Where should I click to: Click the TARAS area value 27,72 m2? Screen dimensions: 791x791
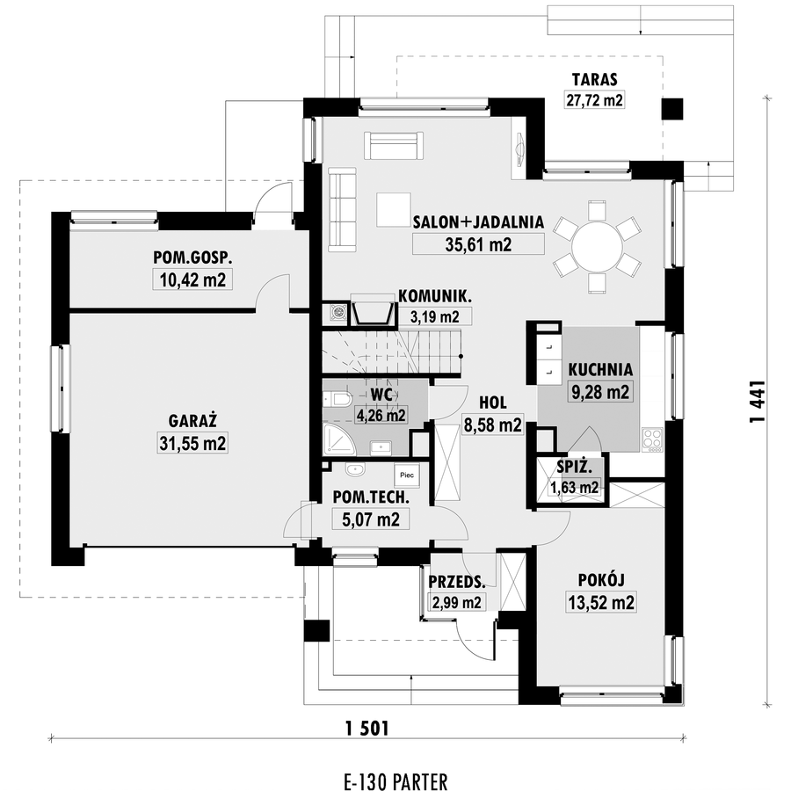click(x=594, y=100)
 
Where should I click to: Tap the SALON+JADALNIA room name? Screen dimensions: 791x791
click(x=478, y=222)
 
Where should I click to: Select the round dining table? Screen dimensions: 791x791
click(x=597, y=247)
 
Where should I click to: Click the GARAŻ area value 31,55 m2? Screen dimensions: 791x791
click(x=192, y=444)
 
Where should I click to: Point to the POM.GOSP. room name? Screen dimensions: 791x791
click(x=192, y=258)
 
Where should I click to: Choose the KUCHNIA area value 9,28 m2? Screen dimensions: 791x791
click(x=599, y=391)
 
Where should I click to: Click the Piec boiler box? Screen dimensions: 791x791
click(x=407, y=475)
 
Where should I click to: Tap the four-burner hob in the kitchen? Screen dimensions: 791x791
click(x=653, y=439)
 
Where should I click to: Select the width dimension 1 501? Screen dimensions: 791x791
click(x=367, y=728)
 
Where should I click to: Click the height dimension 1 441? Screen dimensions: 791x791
click(x=758, y=401)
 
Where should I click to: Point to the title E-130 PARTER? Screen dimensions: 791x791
click(x=395, y=781)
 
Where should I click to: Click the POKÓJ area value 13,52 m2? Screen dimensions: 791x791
click(x=601, y=602)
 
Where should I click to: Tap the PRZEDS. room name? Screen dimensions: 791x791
click(x=457, y=582)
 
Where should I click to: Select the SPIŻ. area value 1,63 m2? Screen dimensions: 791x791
click(x=575, y=487)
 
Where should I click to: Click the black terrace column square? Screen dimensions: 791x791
click(x=672, y=109)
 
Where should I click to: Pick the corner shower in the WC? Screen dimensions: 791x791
click(x=339, y=440)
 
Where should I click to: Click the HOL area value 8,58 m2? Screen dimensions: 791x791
click(x=492, y=425)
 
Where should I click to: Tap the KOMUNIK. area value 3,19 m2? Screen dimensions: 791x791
click(x=435, y=316)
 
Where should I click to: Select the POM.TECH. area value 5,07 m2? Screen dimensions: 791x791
click(x=371, y=519)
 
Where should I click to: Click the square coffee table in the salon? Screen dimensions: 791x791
click(x=393, y=209)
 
